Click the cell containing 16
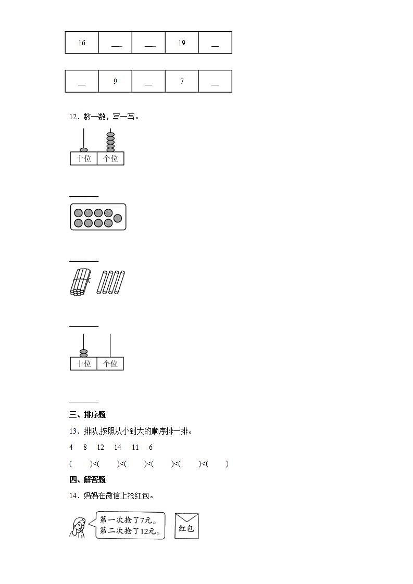pyautogui.click(x=82, y=43)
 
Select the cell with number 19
pyautogui.click(x=182, y=43)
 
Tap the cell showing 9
pyautogui.click(x=115, y=81)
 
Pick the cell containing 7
pyautogui.click(x=182, y=81)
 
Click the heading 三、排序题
pyautogui.click(x=87, y=415)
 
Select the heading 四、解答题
pyautogui.click(x=87, y=480)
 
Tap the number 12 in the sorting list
pyautogui.click(x=101, y=447)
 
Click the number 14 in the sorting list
pyautogui.click(x=118, y=447)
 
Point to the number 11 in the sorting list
pyautogui.click(x=135, y=447)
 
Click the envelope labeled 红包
pyautogui.click(x=186, y=526)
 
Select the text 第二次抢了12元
pyautogui.click(x=130, y=531)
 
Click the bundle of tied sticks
pyautogui.click(x=80, y=283)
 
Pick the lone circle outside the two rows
pyautogui.click(x=118, y=218)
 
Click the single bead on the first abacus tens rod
pyautogui.click(x=83, y=150)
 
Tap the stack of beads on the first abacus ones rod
pyautogui.click(x=110, y=142)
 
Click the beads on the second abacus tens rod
pyautogui.click(x=83, y=353)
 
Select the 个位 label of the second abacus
pyautogui.click(x=110, y=364)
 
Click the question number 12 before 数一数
pyautogui.click(x=73, y=117)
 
